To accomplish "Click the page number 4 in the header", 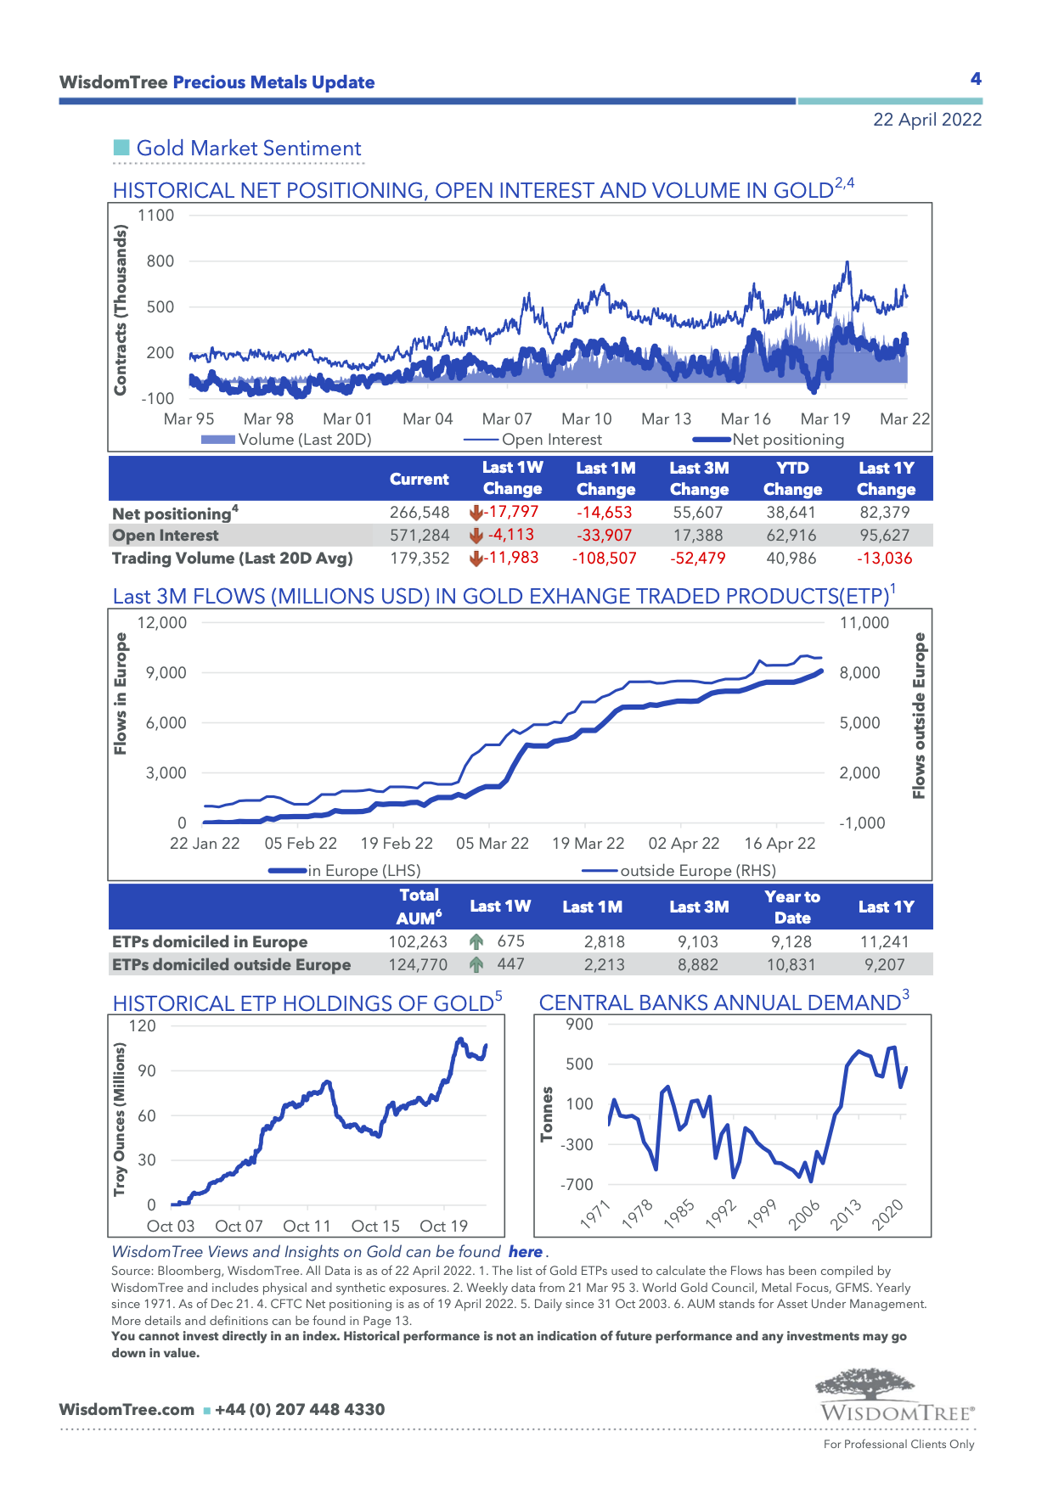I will [976, 79].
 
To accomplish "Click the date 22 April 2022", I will [926, 120].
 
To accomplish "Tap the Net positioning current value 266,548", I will [420, 513].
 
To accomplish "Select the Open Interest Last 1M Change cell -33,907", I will [605, 536].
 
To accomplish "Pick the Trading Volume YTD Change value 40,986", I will [791, 559].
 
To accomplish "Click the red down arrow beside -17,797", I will [476, 513].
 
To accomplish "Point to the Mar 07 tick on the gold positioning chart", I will [507, 419].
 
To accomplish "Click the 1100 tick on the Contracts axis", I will [156, 216].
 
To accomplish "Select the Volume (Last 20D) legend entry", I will [286, 440].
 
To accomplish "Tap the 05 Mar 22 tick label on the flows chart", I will [493, 844].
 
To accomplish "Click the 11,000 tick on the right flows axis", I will [864, 623].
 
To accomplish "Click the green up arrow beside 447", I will [476, 964].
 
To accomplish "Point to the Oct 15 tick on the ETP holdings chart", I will [375, 1227].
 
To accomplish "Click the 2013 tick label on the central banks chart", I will [846, 1215].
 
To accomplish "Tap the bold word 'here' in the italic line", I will [526, 1252].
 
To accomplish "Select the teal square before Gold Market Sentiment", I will [121, 149].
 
